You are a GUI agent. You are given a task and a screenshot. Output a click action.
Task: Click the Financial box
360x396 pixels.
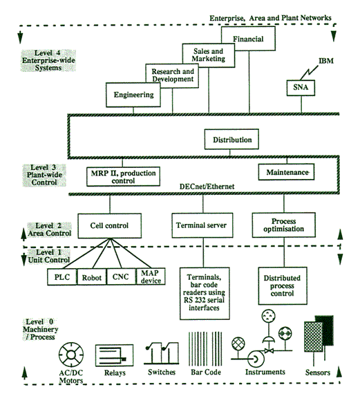pyautogui.click(x=248, y=39)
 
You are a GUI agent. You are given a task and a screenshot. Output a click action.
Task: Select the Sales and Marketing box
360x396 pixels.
pyautogui.click(x=209, y=55)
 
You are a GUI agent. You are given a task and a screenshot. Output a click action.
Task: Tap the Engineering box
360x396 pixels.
pyautogui.click(x=133, y=95)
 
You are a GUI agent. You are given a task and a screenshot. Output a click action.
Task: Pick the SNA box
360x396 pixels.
pyautogui.click(x=301, y=88)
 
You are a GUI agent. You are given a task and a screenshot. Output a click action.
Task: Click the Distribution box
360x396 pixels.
pyautogui.click(x=231, y=140)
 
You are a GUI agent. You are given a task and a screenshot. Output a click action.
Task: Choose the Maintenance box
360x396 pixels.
pyautogui.click(x=286, y=172)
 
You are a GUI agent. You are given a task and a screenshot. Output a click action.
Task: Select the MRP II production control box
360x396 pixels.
pyautogui.click(x=123, y=177)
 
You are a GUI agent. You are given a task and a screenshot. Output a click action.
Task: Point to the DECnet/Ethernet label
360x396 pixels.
pyautogui.click(x=207, y=187)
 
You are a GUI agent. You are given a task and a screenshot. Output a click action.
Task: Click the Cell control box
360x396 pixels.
pyautogui.click(x=110, y=226)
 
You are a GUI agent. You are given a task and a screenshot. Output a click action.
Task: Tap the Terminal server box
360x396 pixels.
pyautogui.click(x=202, y=225)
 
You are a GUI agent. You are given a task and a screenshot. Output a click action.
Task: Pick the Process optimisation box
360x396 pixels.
pyautogui.click(x=284, y=225)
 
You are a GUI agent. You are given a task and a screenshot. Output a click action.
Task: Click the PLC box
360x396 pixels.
pyautogui.click(x=62, y=277)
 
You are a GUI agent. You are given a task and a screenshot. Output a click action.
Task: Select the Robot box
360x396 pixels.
pyautogui.click(x=92, y=277)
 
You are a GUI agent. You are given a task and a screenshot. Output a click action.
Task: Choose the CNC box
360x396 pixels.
pyautogui.click(x=121, y=277)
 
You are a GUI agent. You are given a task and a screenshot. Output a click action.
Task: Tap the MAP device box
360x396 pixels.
pyautogui.click(x=151, y=276)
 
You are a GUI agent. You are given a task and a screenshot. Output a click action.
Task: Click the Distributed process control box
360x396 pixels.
pyautogui.click(x=283, y=286)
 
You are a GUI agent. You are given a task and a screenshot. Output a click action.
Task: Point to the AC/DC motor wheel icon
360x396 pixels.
pyautogui.click(x=71, y=355)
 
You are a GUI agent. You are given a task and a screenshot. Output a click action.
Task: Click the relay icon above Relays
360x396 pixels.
pyautogui.click(x=115, y=355)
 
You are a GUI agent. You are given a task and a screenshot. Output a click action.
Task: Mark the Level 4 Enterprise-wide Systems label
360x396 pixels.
pyautogui.click(x=48, y=61)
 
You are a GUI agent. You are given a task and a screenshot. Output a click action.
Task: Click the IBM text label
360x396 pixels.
pyautogui.click(x=326, y=61)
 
